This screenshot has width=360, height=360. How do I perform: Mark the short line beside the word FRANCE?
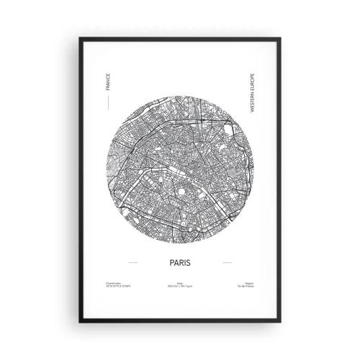(107, 103)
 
